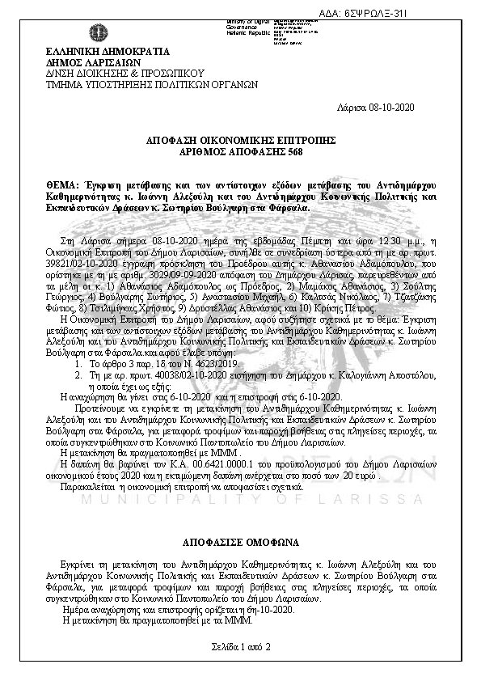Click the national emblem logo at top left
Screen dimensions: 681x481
(97, 34)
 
